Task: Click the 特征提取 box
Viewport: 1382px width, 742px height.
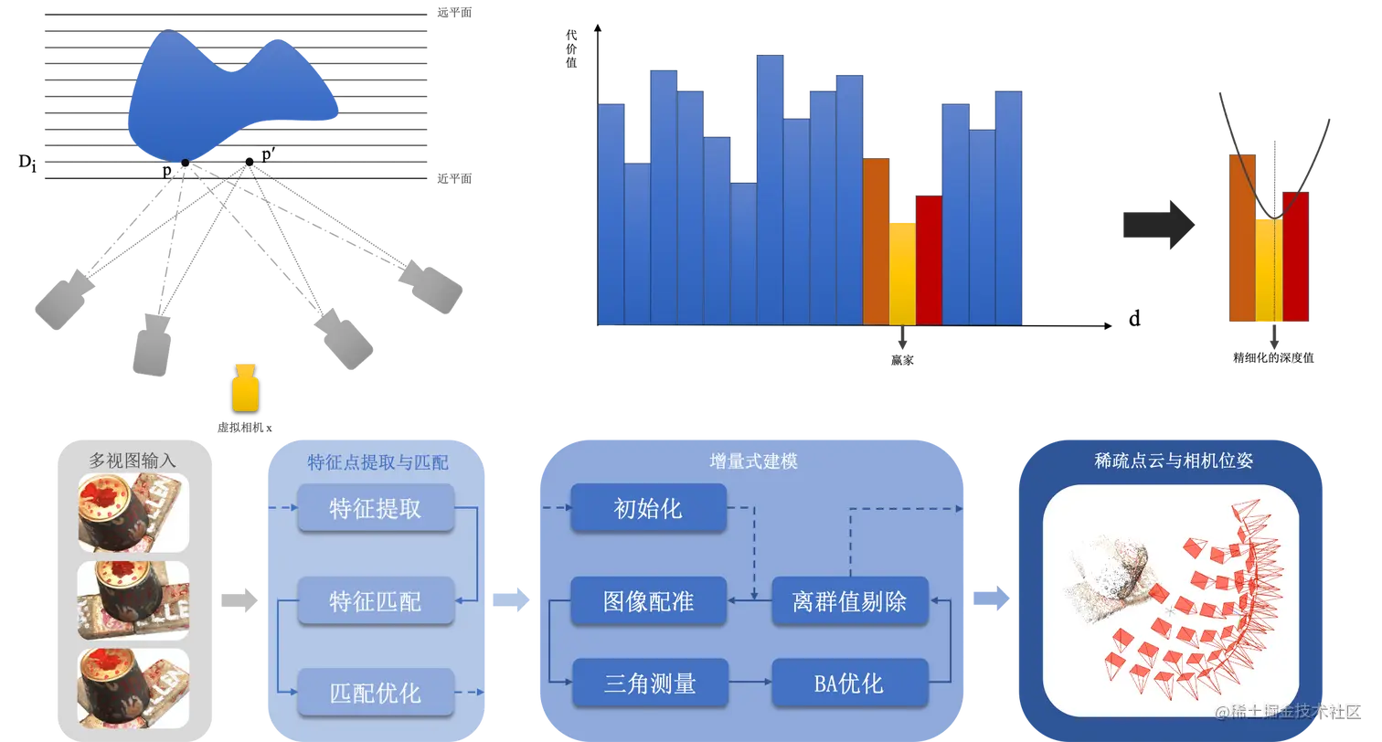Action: click(x=376, y=508)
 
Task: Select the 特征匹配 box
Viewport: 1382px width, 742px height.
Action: click(x=376, y=600)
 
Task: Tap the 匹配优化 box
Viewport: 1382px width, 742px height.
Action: click(x=376, y=692)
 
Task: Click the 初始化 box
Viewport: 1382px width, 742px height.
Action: click(x=648, y=508)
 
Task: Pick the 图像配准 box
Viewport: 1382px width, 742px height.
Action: click(x=648, y=600)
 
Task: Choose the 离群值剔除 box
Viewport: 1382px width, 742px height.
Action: click(x=849, y=600)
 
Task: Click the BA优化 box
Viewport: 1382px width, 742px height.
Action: click(x=849, y=683)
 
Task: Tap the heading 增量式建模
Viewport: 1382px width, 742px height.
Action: click(x=753, y=461)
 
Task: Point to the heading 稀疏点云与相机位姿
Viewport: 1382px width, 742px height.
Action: click(x=1173, y=461)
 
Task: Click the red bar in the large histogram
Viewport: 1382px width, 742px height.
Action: click(x=929, y=260)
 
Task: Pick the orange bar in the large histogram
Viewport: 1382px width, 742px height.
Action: click(x=876, y=241)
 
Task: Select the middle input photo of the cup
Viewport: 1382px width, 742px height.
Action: click(x=133, y=600)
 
